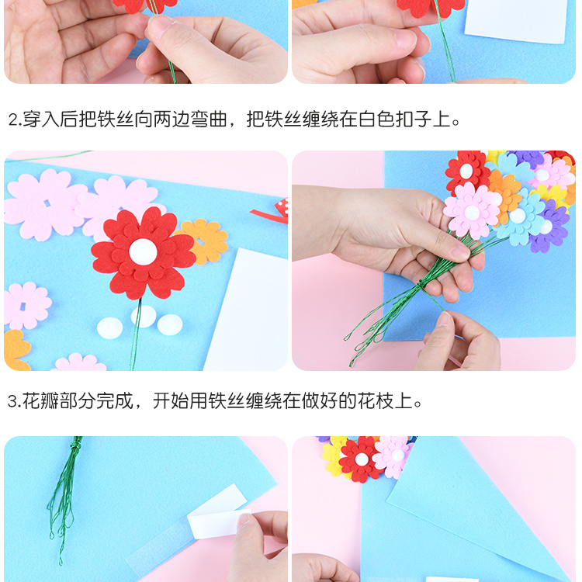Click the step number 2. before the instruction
[x=15, y=120]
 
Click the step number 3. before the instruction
[x=15, y=401]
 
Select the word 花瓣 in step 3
[x=41, y=401]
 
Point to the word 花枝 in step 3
[x=376, y=401]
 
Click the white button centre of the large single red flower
[x=143, y=251]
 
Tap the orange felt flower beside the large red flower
[x=203, y=241]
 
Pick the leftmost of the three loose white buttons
[x=109, y=328]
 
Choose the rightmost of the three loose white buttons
[x=170, y=325]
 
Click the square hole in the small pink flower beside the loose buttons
[x=23, y=307]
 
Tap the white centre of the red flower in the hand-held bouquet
[x=466, y=171]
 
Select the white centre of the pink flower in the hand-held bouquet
[x=472, y=213]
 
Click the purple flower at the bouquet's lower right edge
[x=549, y=227]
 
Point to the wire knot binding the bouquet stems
[x=421, y=284]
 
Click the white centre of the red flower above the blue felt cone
[x=362, y=459]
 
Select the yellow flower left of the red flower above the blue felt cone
[x=334, y=457]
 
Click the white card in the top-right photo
[x=517, y=21]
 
